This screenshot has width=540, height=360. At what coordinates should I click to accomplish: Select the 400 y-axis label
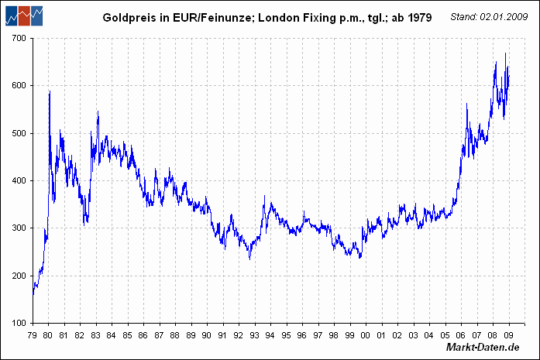19,180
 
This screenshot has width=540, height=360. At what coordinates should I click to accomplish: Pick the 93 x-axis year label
255,334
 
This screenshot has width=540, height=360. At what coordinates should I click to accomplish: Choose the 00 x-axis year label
366,334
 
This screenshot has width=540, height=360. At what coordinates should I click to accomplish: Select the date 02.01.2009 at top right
506,16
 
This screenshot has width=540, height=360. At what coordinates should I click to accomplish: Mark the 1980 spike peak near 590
50,91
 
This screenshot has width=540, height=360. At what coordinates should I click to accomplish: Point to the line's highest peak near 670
505,53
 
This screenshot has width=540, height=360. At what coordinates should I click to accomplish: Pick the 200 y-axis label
19,276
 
